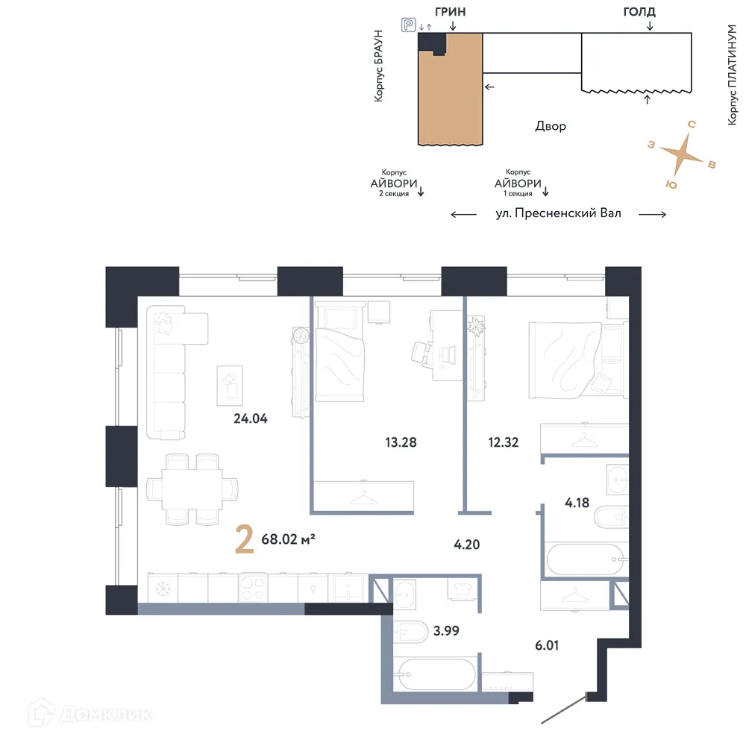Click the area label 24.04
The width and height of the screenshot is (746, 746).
coord(251,419)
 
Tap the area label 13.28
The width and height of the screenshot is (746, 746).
coord(399,442)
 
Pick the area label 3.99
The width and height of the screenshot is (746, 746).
coord(446,630)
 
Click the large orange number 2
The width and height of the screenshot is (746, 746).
coord(244,540)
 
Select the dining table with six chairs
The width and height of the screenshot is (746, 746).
coord(193,489)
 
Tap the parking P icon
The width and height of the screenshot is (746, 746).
coord(408,26)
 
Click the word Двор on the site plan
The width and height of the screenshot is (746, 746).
coord(550,126)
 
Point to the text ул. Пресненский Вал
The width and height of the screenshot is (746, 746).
coord(557,213)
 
